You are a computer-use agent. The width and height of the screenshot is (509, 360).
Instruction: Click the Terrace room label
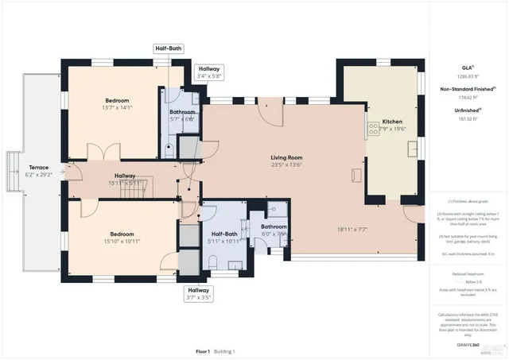pyautogui.click(x=39, y=168)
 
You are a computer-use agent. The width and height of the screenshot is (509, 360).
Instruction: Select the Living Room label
pyautogui.click(x=287, y=157)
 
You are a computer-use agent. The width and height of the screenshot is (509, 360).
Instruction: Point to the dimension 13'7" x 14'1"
pyautogui.click(x=117, y=109)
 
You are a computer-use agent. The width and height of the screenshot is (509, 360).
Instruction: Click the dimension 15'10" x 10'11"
pyautogui.click(x=121, y=241)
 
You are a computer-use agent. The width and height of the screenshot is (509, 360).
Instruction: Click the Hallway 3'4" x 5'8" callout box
pyautogui.click(x=209, y=73)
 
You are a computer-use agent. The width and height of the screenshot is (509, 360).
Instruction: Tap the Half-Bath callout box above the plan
pyautogui.click(x=169, y=48)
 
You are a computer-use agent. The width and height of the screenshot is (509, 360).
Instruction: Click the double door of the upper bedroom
pyautogui.click(x=94, y=152)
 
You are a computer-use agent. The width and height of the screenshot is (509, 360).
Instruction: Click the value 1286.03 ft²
pyautogui.click(x=468, y=78)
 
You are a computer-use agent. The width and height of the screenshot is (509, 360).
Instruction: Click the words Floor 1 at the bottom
pyautogui.click(x=203, y=350)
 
